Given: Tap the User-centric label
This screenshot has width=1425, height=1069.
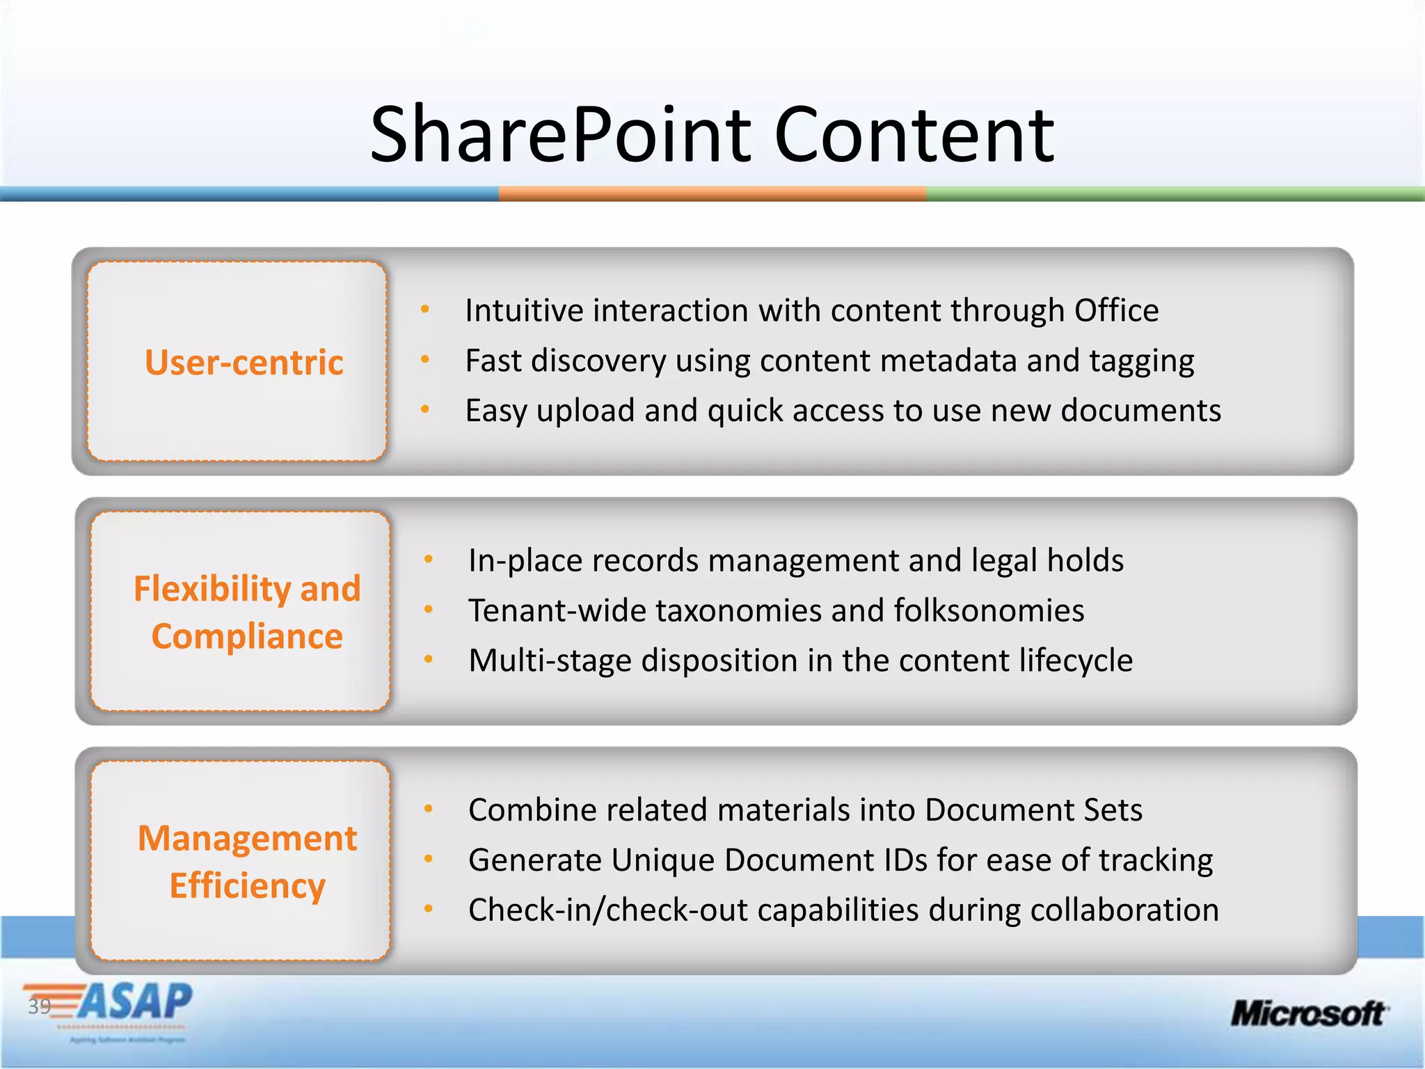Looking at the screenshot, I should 244,363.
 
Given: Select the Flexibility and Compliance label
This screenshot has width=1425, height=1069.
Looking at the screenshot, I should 247,612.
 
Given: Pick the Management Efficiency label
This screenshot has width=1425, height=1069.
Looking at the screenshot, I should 247,862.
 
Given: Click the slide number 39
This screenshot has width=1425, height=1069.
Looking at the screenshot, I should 39,1006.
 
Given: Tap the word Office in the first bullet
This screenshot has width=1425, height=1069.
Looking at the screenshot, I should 1116,310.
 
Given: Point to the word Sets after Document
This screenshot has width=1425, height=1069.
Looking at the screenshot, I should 1113,810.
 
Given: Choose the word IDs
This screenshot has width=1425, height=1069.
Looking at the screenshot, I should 907,860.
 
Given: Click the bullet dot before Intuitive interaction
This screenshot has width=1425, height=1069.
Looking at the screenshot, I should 425,309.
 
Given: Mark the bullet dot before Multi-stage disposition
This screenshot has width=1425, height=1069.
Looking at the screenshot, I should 429,659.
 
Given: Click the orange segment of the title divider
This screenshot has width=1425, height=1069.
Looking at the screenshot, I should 712,194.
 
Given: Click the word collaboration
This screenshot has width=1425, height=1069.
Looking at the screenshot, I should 1124,910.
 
